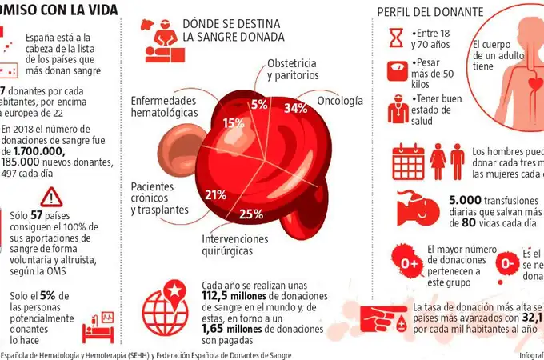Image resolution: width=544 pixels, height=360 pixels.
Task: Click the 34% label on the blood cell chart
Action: pyautogui.click(x=296, y=108)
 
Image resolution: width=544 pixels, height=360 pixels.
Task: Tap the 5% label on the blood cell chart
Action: pyautogui.click(x=259, y=104)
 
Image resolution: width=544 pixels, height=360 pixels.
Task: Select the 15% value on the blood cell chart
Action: pyautogui.click(x=234, y=123)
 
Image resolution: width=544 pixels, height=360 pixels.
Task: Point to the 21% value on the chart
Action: pyautogui.click(x=215, y=194)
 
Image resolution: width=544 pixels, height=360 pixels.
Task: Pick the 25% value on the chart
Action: pyautogui.click(x=251, y=214)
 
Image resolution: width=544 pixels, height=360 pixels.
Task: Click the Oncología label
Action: pyautogui.click(x=340, y=102)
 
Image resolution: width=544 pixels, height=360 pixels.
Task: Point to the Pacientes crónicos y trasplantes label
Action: pyautogui.click(x=159, y=198)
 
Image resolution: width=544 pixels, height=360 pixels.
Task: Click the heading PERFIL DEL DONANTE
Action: pyautogui.click(x=430, y=12)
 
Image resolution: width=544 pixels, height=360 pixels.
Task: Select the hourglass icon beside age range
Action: pyautogui.click(x=397, y=37)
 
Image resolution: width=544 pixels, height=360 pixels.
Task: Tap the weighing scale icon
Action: pyautogui.click(x=397, y=71)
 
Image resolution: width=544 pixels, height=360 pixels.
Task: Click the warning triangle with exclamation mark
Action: pyautogui.click(x=50, y=197)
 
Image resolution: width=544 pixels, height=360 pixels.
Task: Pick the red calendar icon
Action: pyautogui.click(x=407, y=161)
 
